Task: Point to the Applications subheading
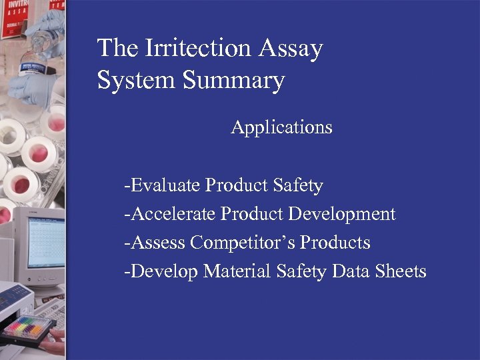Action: [x=281, y=127]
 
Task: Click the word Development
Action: [x=342, y=214]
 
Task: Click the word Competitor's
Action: [x=242, y=243]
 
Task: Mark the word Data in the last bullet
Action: [x=350, y=271]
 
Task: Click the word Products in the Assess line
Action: [x=335, y=243]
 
